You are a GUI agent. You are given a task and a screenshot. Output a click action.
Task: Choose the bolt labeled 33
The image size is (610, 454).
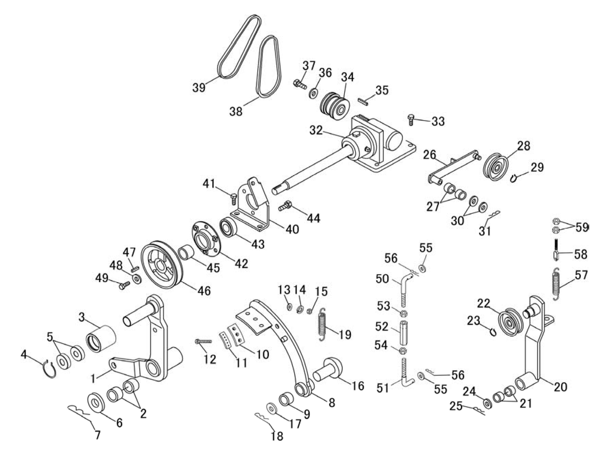pyautogui.click(x=411, y=120)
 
